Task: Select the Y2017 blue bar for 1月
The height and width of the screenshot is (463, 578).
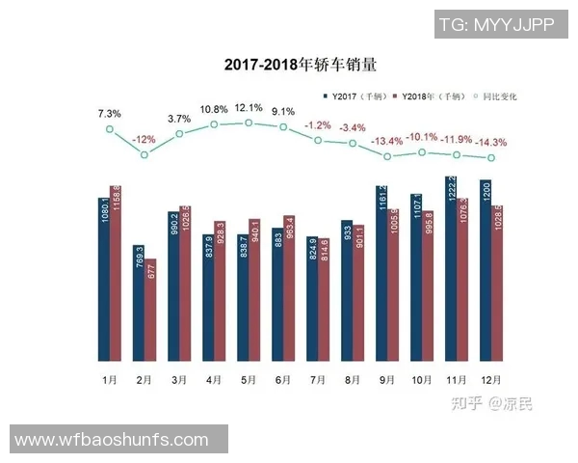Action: point(104,280)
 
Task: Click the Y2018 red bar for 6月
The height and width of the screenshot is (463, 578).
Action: point(289,289)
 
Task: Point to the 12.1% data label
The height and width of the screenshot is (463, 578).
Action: point(248,107)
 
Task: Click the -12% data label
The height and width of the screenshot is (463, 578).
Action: point(144,139)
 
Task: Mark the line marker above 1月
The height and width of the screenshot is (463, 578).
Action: point(110,128)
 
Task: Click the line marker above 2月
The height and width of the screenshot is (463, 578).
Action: point(144,153)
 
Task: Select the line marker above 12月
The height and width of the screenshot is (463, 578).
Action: point(491,158)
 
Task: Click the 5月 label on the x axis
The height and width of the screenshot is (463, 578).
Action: point(249,380)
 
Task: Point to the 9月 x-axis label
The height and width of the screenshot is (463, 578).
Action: point(387,380)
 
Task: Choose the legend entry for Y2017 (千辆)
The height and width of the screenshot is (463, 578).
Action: point(356,97)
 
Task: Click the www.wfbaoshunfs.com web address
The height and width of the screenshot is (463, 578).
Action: point(112,440)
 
